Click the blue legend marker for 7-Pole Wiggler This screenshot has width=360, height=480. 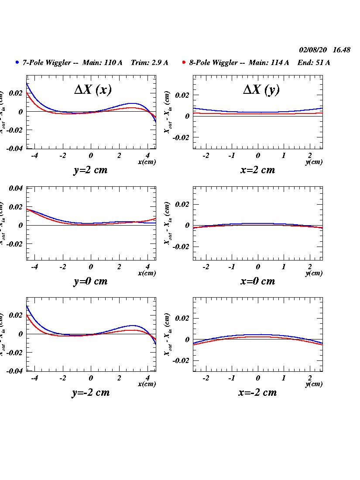pos(17,62)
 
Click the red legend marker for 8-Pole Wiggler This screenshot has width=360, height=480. pos(184,62)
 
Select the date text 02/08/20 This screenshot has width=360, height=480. pos(313,50)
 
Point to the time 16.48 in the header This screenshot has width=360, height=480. pos(341,50)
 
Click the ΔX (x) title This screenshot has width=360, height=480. pos(93,90)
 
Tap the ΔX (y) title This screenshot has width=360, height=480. pos(261,90)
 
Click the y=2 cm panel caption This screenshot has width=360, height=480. pos(90,170)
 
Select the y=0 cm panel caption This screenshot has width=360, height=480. pos(90,281)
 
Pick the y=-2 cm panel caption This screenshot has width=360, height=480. pos(90,393)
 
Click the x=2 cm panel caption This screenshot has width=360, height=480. pos(258,170)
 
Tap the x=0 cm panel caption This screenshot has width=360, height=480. pos(258,281)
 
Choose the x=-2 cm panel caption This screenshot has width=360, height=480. pos(258,393)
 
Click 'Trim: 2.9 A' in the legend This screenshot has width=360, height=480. pos(149,63)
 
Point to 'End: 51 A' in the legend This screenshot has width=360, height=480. pos(314,63)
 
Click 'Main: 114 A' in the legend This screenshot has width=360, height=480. pos(269,63)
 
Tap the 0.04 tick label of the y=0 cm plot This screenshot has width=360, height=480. pos(16,189)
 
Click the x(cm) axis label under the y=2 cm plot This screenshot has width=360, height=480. pos(147,162)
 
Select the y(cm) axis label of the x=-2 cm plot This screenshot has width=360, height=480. pos(314,384)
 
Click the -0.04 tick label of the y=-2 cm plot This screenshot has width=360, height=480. pos(14,371)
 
